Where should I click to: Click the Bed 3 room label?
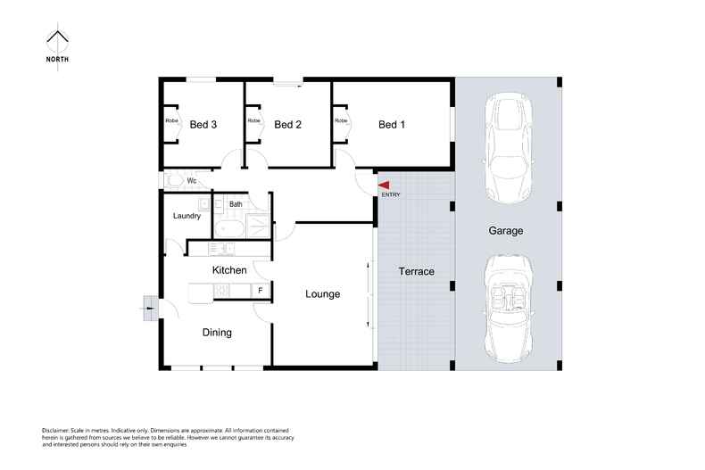point(203,125)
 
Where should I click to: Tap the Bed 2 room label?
point(287,125)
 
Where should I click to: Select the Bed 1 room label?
point(392,125)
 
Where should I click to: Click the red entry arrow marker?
point(384,186)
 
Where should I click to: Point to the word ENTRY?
point(391,194)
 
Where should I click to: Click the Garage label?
point(506,231)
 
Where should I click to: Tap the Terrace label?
point(417,271)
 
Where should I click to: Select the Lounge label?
point(323,294)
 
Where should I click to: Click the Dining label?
point(217,333)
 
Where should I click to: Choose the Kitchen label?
point(229,270)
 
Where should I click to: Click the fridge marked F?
point(261,291)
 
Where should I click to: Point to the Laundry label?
point(187,216)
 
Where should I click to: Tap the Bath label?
point(236,204)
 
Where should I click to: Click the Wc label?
point(192,181)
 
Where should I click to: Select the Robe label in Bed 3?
point(171,120)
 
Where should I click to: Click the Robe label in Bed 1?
point(341,120)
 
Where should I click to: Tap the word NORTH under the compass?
point(57,60)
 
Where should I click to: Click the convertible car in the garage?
point(508,309)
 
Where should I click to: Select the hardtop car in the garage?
point(508,148)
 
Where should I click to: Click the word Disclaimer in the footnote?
point(55,431)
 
